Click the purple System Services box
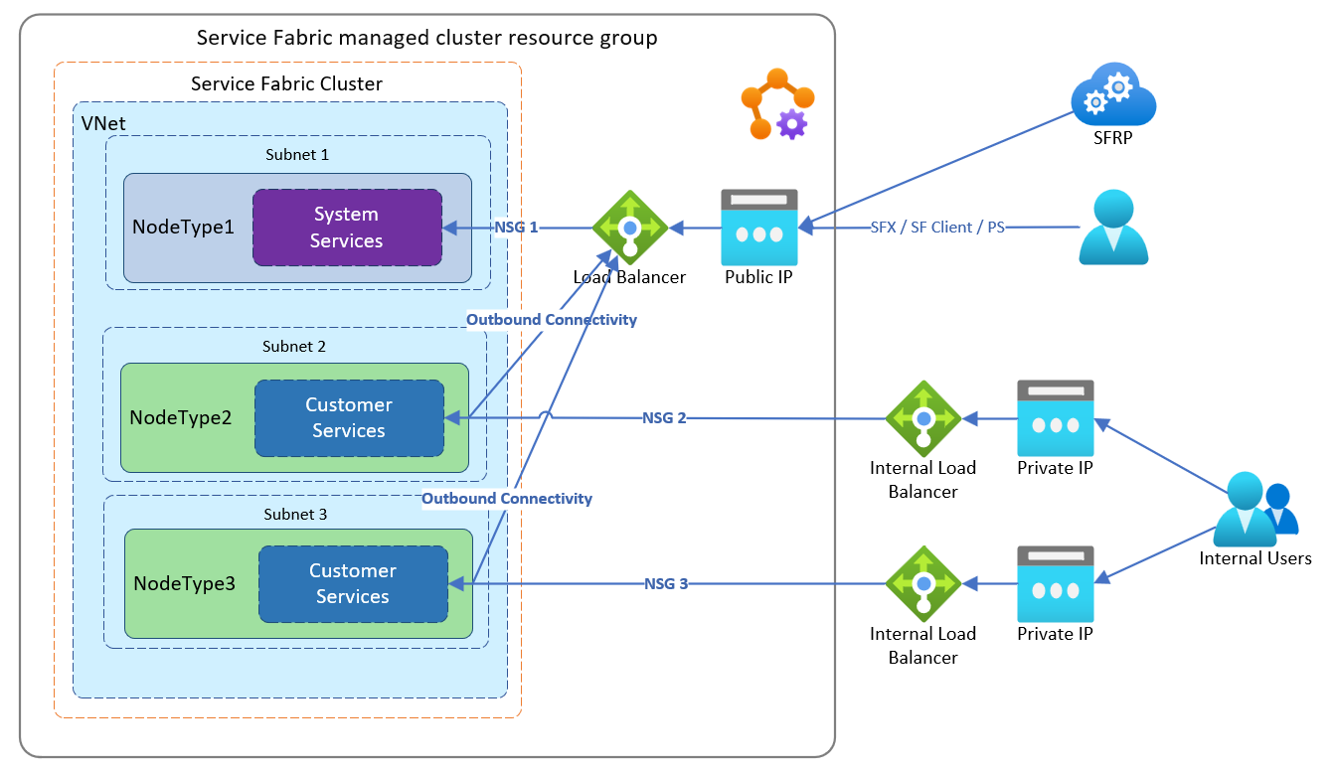point(347,228)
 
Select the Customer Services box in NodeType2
point(349,418)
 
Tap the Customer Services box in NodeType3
point(353,584)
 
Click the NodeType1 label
point(183,228)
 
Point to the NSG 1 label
point(516,228)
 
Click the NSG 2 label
point(665,418)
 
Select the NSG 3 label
point(666,584)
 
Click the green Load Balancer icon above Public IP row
point(629,228)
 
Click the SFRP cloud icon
point(1113,96)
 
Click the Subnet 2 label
point(294,347)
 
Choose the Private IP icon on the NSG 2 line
point(1055,417)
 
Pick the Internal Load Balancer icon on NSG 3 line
point(923,583)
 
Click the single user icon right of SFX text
point(1113,228)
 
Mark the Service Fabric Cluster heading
point(286,84)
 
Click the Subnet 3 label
point(295,515)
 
